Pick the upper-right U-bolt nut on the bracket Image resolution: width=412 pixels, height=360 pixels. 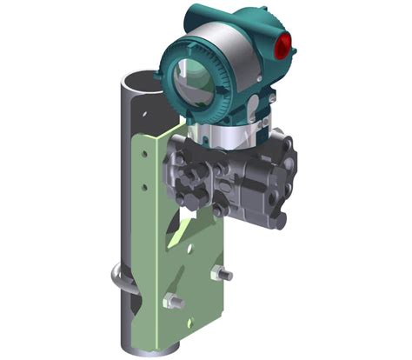pos(223,276)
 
